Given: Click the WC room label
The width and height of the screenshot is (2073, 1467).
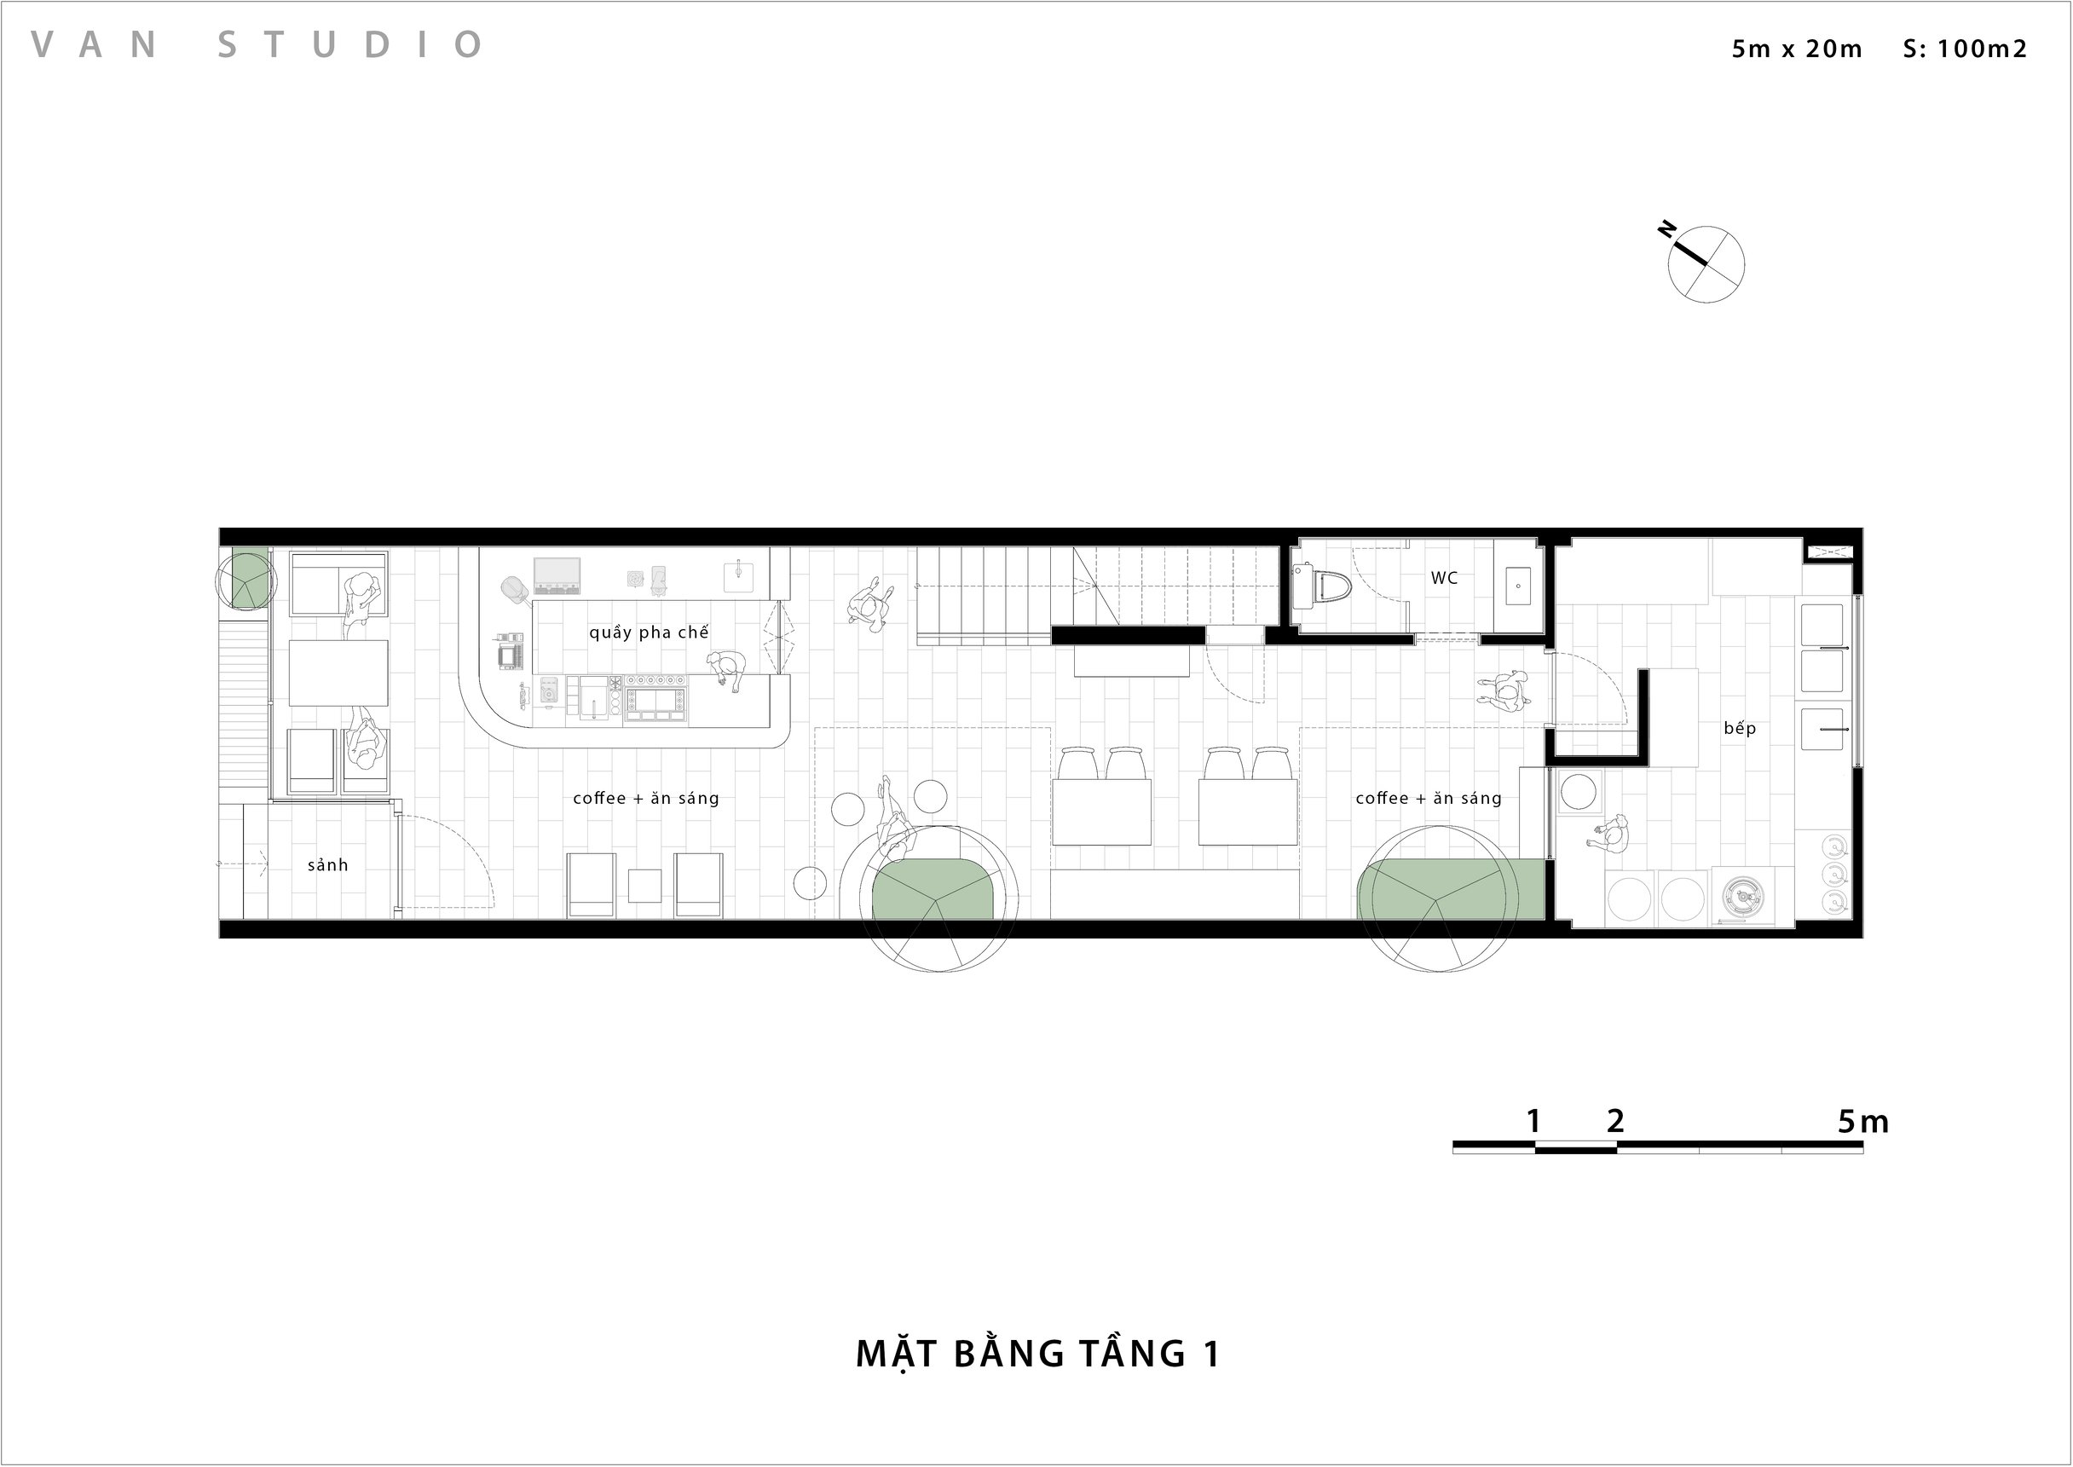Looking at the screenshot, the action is click(x=1443, y=578).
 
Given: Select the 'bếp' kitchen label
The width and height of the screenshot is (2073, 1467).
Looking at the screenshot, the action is click(x=1739, y=728).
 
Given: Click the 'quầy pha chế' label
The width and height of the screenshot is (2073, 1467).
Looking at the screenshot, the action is click(x=649, y=632).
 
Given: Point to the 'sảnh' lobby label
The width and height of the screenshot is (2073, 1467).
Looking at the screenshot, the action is click(x=327, y=865).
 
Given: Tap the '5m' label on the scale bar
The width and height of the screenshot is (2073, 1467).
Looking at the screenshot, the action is click(x=1862, y=1121).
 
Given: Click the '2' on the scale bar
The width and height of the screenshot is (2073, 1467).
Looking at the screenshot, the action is click(x=1616, y=1121).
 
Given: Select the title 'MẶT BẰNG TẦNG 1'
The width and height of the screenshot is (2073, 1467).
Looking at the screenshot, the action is click(x=1038, y=1353).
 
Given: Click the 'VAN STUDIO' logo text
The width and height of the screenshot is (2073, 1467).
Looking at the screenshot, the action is click(x=257, y=44).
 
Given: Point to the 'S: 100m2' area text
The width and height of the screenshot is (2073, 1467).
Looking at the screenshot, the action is click(x=1965, y=49).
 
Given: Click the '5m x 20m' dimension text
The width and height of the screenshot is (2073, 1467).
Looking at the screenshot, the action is click(x=1797, y=49).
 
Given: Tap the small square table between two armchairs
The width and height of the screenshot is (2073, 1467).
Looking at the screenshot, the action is click(x=644, y=886).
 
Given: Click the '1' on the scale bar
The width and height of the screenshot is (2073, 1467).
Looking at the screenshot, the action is click(x=1533, y=1121).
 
